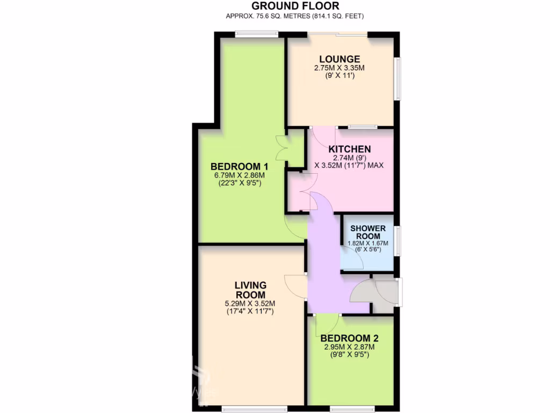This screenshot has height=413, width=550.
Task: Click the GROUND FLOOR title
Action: (x=295, y=6)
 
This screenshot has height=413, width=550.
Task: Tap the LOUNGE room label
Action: (x=339, y=59)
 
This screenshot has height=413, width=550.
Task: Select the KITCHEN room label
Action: (x=350, y=149)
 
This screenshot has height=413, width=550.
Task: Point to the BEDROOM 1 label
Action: (x=239, y=166)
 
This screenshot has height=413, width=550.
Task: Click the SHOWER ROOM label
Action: (x=368, y=232)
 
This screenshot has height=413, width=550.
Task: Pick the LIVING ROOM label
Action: (x=250, y=289)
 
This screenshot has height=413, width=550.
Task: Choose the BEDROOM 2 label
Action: (x=349, y=338)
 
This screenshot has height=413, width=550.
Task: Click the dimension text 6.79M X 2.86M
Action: (x=239, y=175)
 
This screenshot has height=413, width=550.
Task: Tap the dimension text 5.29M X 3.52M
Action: (x=250, y=303)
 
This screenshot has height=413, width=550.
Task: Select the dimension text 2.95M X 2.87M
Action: (x=349, y=347)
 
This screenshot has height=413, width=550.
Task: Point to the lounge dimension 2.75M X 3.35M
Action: (x=339, y=68)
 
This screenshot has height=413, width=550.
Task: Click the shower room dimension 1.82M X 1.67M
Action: (x=368, y=243)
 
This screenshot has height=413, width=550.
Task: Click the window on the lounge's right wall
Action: (x=397, y=79)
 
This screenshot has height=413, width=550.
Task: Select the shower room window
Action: (x=397, y=240)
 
